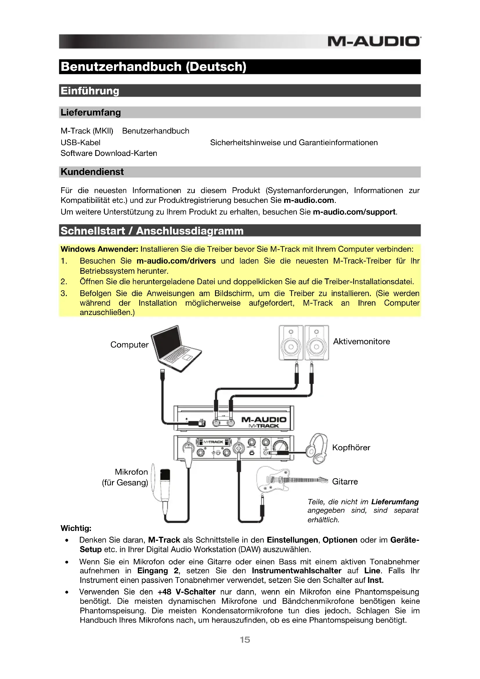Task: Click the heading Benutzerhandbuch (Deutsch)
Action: point(154,67)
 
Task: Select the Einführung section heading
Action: point(90,91)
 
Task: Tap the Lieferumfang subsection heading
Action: point(91,112)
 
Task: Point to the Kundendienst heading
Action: point(92,172)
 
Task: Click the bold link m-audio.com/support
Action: point(354,212)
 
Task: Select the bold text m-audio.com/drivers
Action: point(176,261)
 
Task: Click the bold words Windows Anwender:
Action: point(99,249)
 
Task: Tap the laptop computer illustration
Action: point(176,348)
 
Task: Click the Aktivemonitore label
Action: point(362,342)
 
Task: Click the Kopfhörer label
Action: point(351,447)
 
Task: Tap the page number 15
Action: point(245,640)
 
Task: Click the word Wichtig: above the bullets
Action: point(76,528)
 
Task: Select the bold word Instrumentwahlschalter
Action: point(297,571)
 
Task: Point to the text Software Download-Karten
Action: point(109,153)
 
